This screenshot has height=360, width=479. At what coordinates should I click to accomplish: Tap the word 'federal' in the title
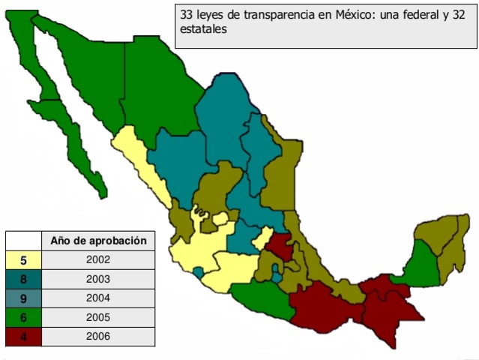(427, 15)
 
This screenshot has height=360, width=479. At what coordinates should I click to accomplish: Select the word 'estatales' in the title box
(203, 29)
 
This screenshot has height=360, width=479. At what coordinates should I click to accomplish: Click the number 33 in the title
(187, 15)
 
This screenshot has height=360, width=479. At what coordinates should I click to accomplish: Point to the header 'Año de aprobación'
(97, 241)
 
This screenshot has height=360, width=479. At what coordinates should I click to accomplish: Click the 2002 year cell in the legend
(97, 260)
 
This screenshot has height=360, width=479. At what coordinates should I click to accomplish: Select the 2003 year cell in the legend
(97, 279)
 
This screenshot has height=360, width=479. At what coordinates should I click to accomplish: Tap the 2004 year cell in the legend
(97, 298)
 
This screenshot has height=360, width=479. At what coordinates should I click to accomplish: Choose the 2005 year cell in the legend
(97, 317)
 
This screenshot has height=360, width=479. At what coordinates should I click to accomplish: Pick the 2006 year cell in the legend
(97, 336)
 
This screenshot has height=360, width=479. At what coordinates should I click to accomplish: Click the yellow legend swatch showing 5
(23, 260)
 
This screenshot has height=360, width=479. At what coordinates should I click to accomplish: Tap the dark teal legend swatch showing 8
(23, 279)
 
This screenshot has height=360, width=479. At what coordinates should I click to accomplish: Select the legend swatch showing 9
(23, 298)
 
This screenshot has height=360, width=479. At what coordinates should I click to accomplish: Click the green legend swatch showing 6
(23, 317)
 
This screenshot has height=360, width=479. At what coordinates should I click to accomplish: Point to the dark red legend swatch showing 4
(23, 336)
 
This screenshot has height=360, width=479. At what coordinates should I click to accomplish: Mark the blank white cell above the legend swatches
(23, 241)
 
